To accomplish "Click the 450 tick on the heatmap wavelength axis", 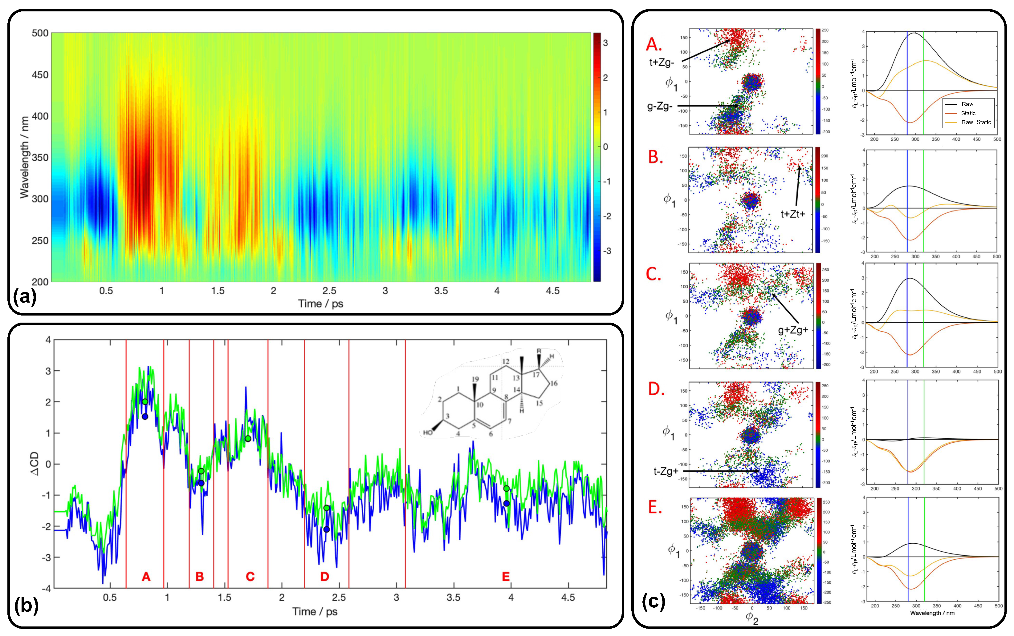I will coord(40,75).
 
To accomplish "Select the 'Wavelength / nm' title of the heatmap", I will coord(24,157).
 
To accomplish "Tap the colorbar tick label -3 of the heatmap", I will coord(607,251).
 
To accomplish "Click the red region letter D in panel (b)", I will coord(324,576).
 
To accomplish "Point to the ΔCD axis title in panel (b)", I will coord(35,464).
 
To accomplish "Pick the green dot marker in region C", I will coord(248,439).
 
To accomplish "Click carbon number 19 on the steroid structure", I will coord(475,379).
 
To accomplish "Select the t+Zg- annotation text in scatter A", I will coord(662,63).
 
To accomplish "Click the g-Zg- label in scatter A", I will coord(660,107).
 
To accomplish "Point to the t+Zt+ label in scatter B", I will coord(792,214).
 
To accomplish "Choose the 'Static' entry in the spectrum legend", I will coord(968,113).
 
